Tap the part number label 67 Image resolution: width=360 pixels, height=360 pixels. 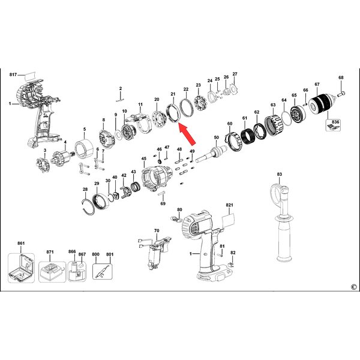pos(317,84)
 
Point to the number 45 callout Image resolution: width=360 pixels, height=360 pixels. pos(144,158)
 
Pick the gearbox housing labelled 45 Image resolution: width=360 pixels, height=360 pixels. pos(157,178)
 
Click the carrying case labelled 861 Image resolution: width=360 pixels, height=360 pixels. pos(21,268)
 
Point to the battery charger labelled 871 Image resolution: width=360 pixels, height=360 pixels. pos(52,272)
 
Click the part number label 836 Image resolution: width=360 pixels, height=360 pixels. pos(335,122)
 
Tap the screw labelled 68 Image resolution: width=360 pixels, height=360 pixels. pos(341,93)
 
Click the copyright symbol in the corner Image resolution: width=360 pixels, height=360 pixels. pos(354,287)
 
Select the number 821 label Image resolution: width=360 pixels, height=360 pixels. pos(229,205)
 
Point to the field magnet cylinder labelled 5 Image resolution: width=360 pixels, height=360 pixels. pos(84,149)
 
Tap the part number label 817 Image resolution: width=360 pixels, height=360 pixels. pos(13,74)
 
